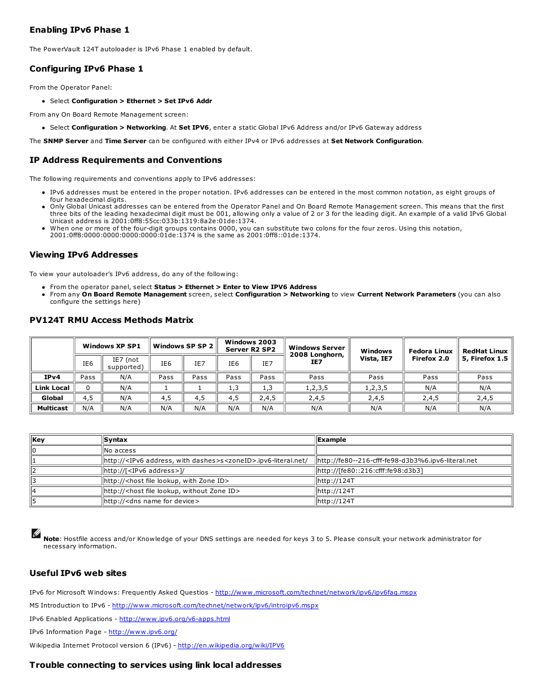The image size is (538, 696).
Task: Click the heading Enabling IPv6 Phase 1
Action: (x=79, y=30)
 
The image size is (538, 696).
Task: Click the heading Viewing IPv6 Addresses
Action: (x=83, y=255)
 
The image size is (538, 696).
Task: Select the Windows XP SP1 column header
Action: (x=111, y=346)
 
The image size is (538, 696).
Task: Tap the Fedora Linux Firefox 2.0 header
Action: (x=430, y=354)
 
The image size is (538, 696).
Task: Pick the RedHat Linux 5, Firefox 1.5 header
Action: (x=484, y=354)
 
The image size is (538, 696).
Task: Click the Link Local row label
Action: (x=52, y=388)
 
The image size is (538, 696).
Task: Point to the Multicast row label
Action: (x=52, y=408)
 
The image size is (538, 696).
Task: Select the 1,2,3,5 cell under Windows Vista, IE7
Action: (x=376, y=388)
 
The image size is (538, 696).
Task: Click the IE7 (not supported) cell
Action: (x=125, y=363)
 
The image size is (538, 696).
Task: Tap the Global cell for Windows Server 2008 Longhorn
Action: (x=316, y=398)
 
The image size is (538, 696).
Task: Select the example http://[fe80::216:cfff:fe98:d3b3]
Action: (x=370, y=471)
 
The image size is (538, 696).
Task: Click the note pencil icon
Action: (x=36, y=533)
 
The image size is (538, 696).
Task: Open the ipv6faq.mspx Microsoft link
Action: (x=316, y=592)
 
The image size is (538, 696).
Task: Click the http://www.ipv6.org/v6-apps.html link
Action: (x=174, y=619)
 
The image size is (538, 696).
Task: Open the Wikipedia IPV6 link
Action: (x=231, y=645)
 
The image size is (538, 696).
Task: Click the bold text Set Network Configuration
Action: (x=376, y=141)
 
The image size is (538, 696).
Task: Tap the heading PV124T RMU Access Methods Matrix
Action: (x=111, y=320)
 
